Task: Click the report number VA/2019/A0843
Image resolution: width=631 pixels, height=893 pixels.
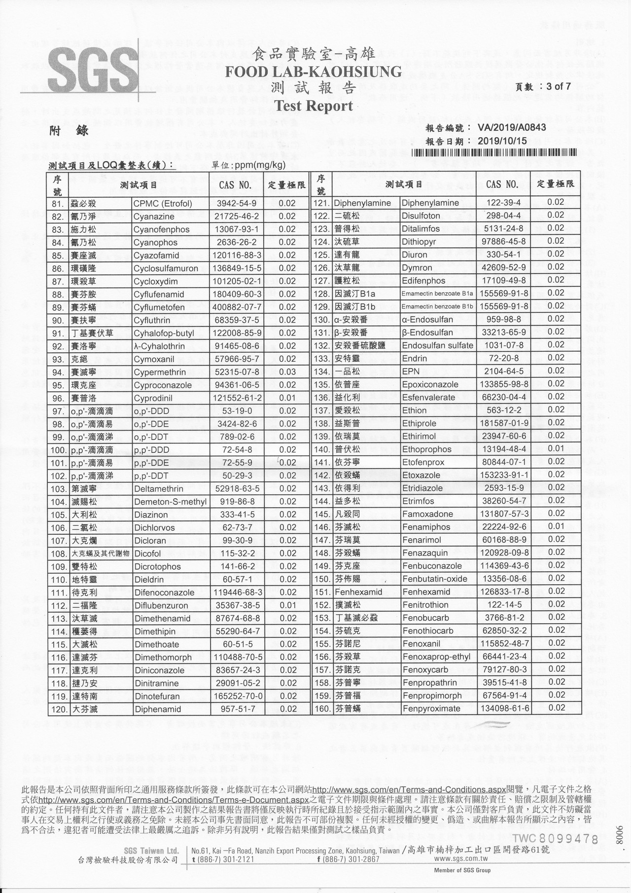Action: coord(512,127)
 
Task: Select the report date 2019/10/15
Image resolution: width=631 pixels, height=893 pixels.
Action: coord(502,141)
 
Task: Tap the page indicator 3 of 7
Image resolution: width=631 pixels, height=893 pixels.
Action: coord(555,86)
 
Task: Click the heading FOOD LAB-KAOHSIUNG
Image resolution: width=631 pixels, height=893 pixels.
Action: coord(313,72)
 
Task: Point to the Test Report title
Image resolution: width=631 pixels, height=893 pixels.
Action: coord(313,106)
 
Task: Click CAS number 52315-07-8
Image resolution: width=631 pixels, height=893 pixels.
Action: coord(236,372)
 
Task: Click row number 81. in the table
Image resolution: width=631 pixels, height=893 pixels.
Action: coord(58,204)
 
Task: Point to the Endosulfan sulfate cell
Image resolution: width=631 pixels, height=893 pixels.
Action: coord(437,345)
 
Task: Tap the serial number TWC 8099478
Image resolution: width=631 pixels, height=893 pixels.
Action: coord(555,838)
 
